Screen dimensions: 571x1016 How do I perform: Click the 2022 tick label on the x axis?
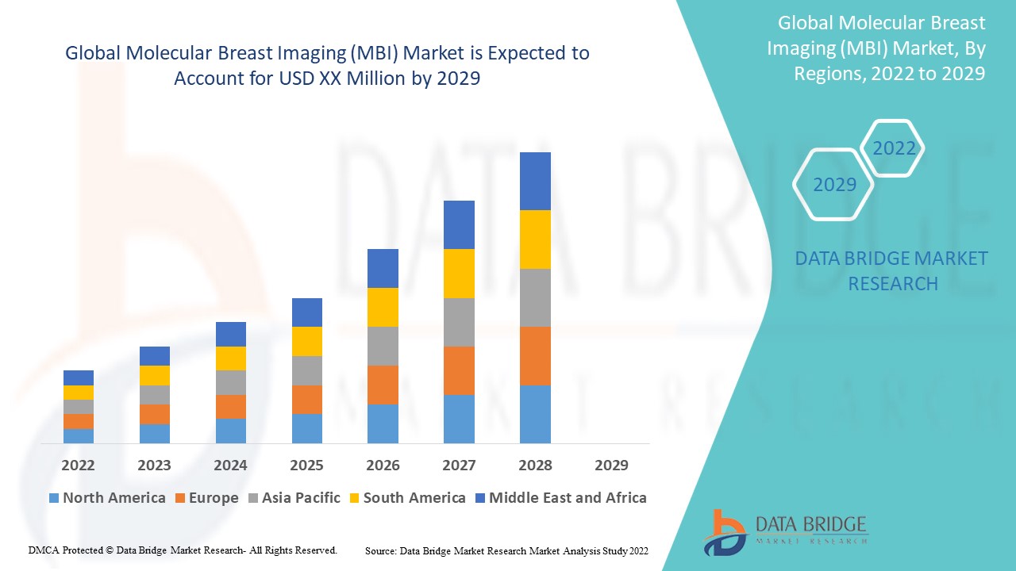pos(78,465)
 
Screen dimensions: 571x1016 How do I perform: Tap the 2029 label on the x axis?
pos(611,465)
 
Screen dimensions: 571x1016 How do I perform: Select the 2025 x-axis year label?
pos(306,465)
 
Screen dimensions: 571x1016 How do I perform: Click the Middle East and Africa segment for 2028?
pos(535,181)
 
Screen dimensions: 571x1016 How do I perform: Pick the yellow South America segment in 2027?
pos(459,274)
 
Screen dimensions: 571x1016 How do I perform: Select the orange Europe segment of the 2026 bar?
pos(383,385)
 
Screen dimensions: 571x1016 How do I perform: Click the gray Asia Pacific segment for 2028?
pos(535,297)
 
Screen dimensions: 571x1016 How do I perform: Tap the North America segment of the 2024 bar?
pos(230,431)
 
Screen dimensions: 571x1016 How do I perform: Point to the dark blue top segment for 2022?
pos(79,377)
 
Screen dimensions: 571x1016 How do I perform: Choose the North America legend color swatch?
pos(54,498)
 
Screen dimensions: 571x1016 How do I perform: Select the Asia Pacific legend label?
pos(300,498)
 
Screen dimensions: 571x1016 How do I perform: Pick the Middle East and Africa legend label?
pos(568,498)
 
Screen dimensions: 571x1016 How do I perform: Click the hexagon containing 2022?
pos(894,148)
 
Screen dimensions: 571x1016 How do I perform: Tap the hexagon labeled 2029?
pos(834,185)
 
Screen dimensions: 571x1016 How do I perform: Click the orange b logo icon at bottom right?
pos(724,531)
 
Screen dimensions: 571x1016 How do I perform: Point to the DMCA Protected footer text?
pos(183,550)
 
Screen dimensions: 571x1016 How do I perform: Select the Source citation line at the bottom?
pos(506,550)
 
